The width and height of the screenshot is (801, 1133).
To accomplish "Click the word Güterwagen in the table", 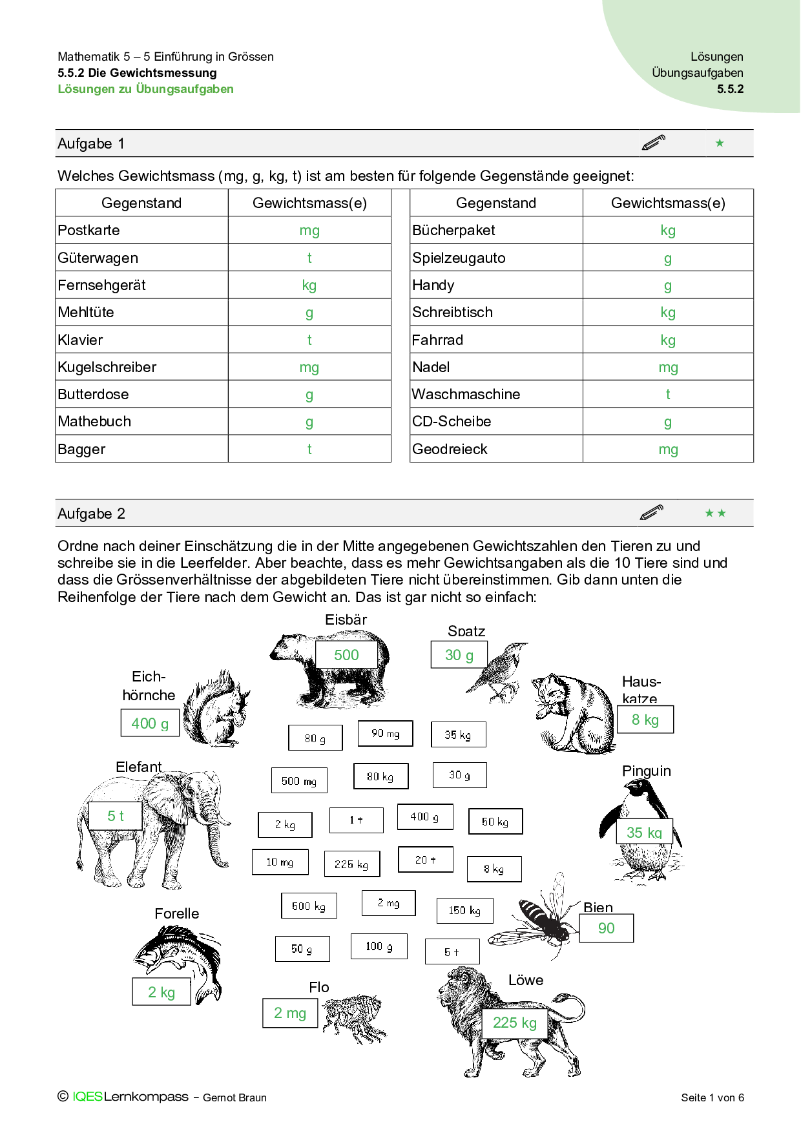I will point(98,258).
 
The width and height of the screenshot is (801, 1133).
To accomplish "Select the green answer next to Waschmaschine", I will point(668,394).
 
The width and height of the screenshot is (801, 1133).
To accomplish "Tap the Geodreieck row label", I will point(450,449).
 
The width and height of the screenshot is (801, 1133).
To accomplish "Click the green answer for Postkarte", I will point(309,231).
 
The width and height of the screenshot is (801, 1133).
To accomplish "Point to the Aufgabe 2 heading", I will point(91,514).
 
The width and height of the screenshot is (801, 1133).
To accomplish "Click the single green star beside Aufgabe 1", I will point(720,143).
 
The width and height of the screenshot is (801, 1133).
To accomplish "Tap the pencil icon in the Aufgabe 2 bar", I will point(652,513).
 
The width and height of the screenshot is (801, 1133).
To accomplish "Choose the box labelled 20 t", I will point(425,860).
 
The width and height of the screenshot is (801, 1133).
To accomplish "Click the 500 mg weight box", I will point(299,780).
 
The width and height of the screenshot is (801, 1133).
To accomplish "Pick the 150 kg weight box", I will point(464,910).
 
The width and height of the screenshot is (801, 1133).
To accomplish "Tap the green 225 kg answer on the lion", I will point(515,1023).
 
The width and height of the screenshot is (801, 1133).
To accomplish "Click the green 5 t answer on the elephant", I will point(116,816).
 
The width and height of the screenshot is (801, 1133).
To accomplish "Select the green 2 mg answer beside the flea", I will point(290,1013).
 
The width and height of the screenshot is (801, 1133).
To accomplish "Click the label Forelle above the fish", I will point(176,913).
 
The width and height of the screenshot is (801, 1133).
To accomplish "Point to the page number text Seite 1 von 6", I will point(712,1097).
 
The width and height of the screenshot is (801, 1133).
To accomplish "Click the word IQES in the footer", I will point(87,1097).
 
